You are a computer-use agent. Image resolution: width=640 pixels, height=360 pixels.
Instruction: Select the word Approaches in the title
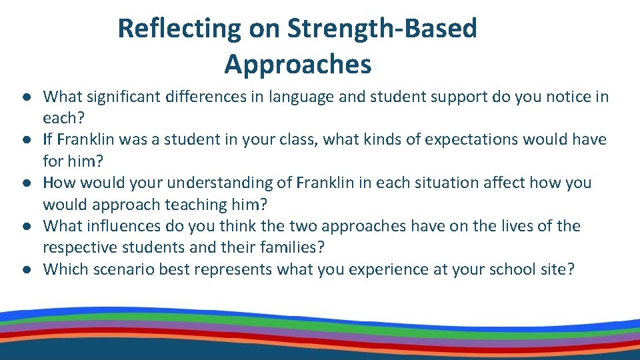tap(298, 65)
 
